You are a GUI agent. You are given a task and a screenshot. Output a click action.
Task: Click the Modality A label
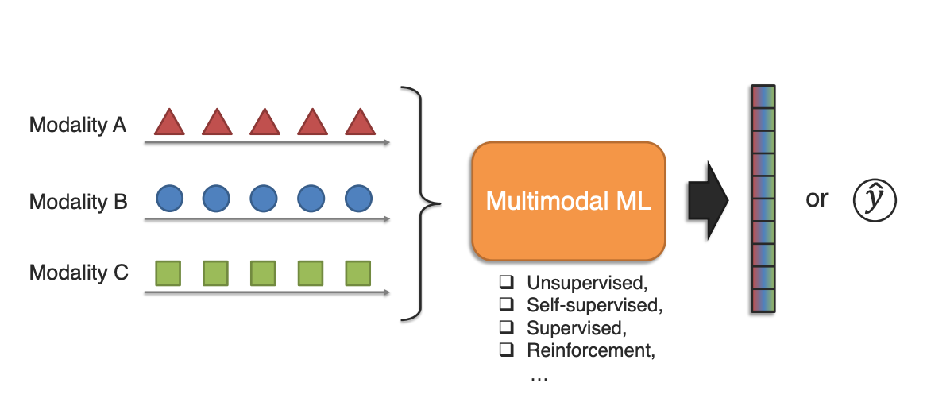click(x=77, y=125)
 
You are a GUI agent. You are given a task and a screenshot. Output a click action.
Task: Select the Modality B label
click(x=78, y=202)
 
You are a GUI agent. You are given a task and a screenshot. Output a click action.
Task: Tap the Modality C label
click(x=78, y=273)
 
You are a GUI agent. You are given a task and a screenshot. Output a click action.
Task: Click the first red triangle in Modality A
click(x=169, y=122)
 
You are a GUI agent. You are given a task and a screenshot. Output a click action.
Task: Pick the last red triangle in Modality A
click(x=359, y=122)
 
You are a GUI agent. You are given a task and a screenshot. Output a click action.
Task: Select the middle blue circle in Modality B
click(x=264, y=197)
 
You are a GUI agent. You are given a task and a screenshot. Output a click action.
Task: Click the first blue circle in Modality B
click(x=169, y=197)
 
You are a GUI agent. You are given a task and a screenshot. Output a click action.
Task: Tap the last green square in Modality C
click(x=358, y=273)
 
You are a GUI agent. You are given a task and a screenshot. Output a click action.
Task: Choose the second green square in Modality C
click(x=216, y=273)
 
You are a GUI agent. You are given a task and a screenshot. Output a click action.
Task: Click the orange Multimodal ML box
click(x=568, y=200)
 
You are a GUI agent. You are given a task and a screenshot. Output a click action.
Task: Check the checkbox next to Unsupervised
click(x=505, y=282)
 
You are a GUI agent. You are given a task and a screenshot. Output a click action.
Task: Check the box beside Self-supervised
click(x=505, y=304)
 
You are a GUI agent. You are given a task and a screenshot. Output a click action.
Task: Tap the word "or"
click(x=817, y=199)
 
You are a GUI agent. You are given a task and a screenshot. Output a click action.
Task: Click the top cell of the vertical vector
click(x=763, y=95)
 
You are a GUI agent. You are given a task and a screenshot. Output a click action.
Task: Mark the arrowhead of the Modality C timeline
click(x=386, y=292)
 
